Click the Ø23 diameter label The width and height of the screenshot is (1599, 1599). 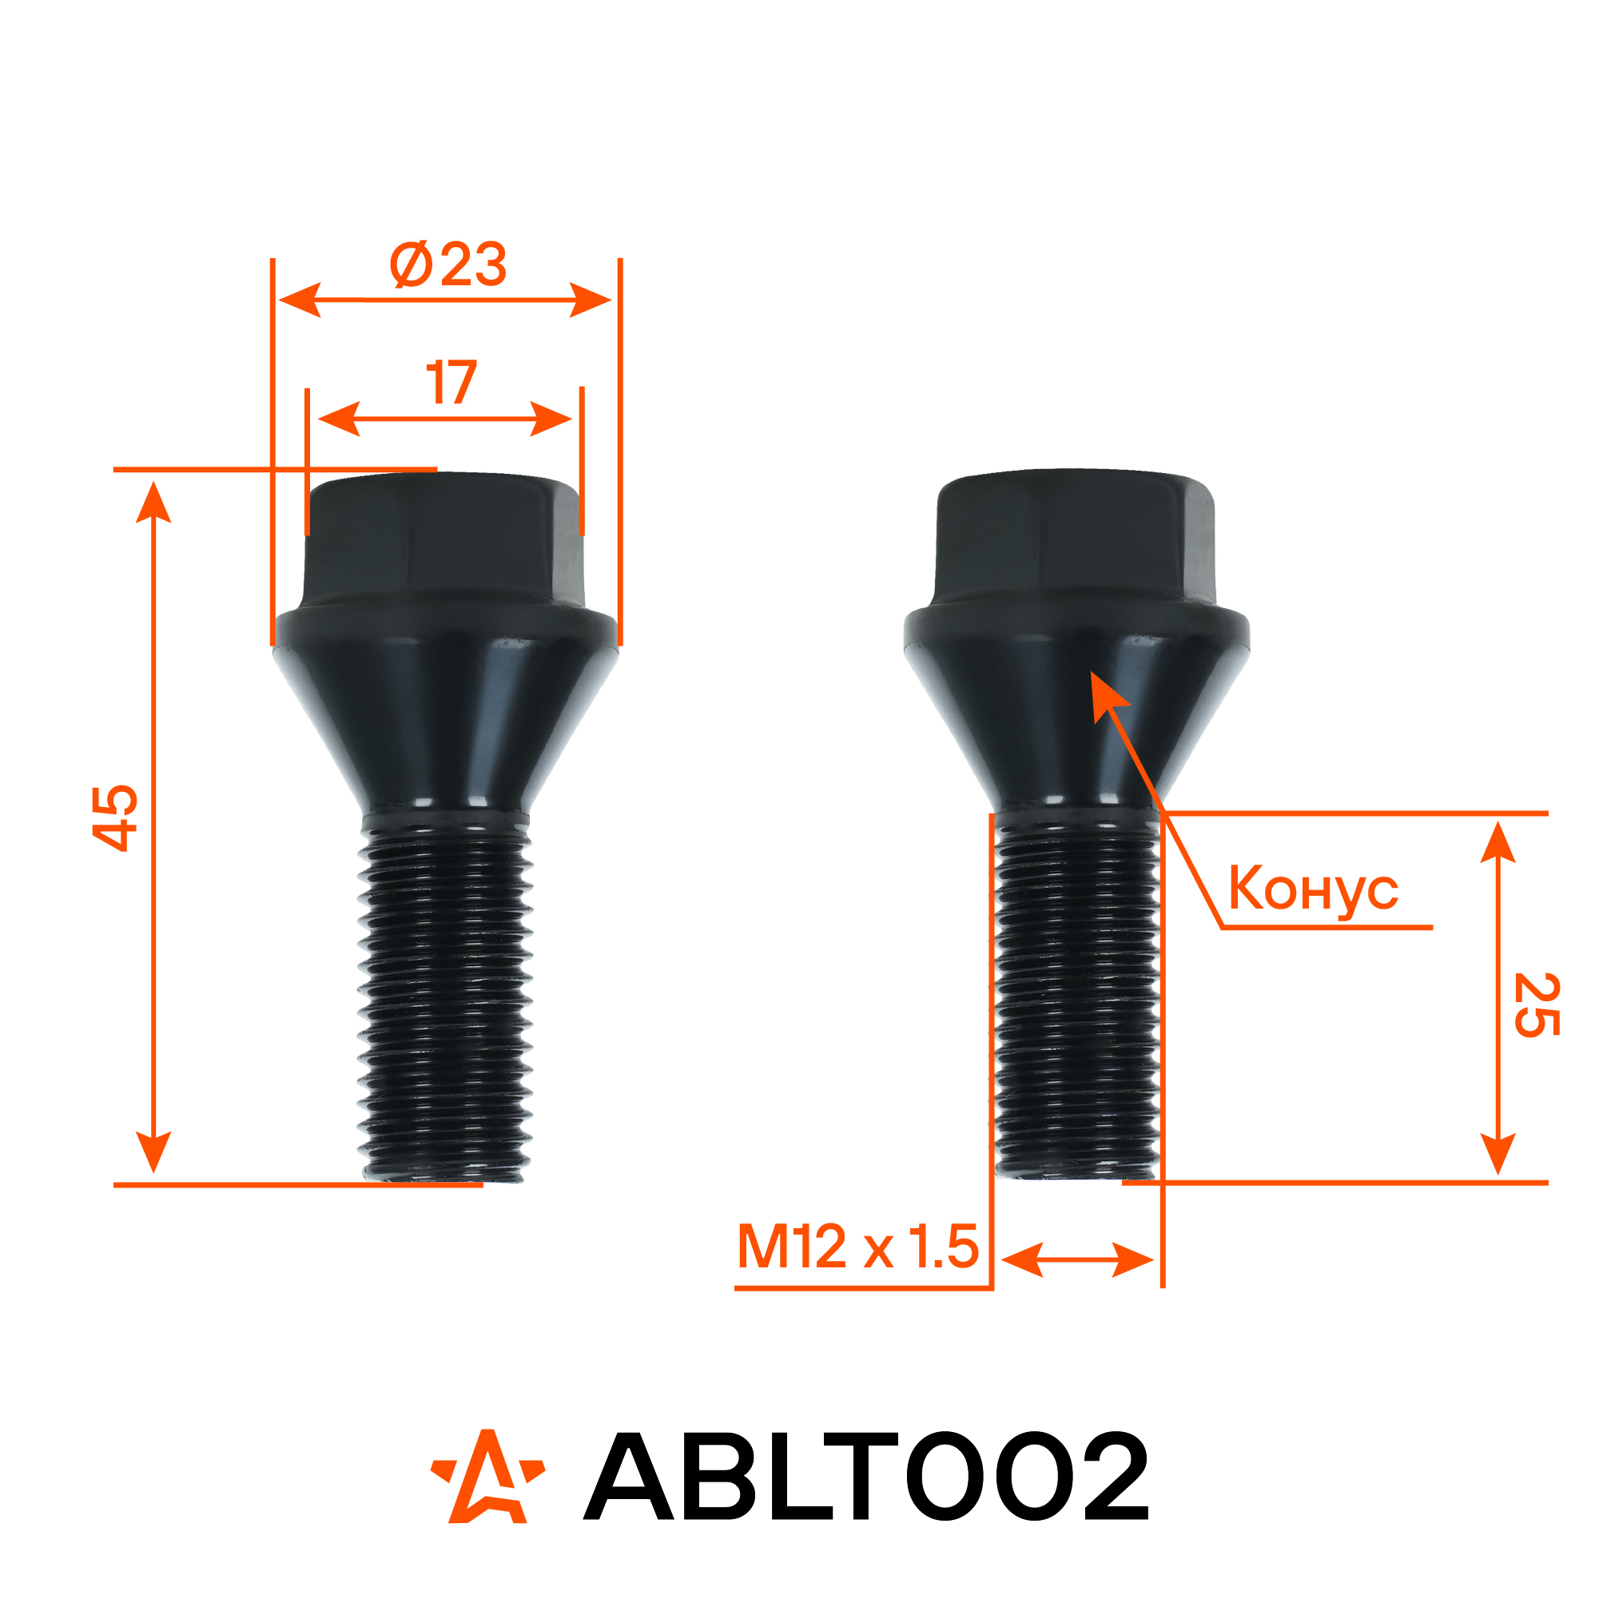coord(447,265)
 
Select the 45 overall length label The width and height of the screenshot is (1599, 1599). coord(115,817)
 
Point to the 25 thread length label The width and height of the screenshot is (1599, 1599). coord(1537,1004)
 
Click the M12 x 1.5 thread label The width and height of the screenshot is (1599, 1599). coord(858,1247)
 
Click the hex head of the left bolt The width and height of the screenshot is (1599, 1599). coord(445,538)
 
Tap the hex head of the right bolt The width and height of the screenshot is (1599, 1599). coord(1076,536)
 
